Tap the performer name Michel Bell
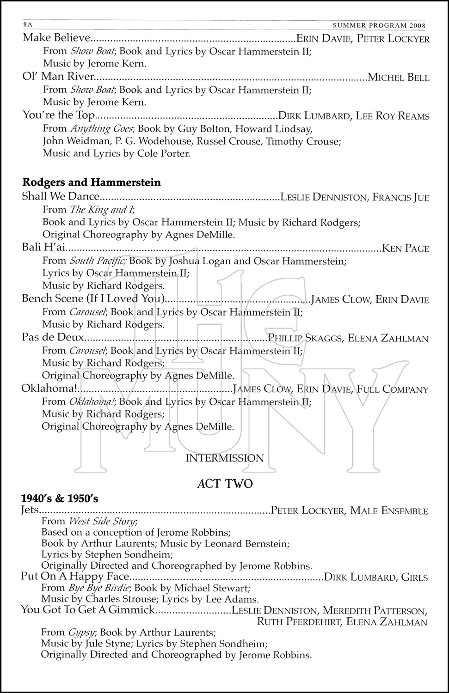[x=398, y=77]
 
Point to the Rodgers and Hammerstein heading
[x=92, y=182]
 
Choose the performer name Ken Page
[x=406, y=249]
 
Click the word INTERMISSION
[x=225, y=458]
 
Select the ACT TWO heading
[x=225, y=484]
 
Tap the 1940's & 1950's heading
[x=60, y=499]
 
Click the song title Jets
[x=31, y=511]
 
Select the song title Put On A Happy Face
[x=74, y=577]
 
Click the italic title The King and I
[x=101, y=210]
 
